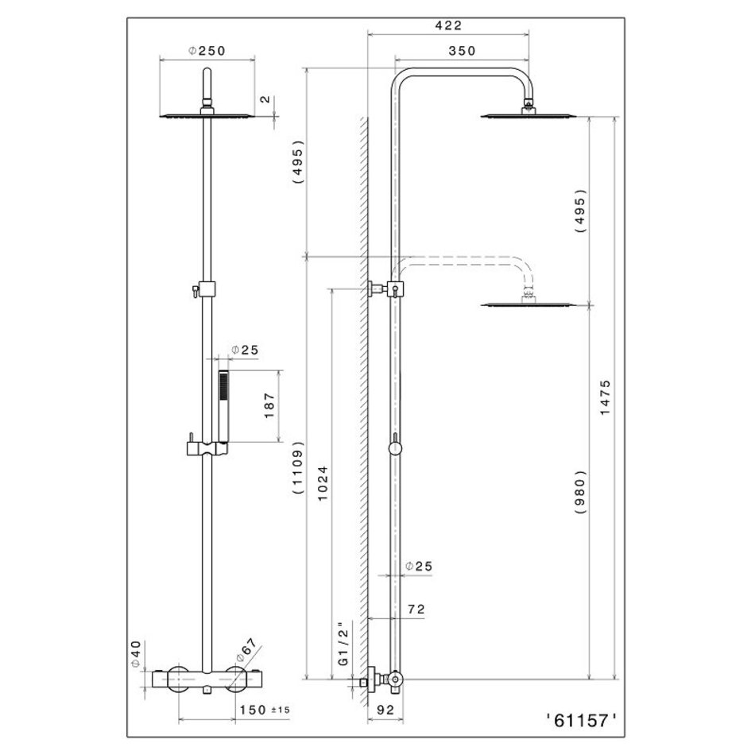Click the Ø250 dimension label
click(x=207, y=51)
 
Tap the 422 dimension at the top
click(x=448, y=25)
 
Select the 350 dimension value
click(x=462, y=51)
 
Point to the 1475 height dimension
click(x=605, y=397)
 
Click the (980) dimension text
click(x=581, y=492)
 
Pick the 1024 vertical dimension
click(x=322, y=483)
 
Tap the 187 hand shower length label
click(x=269, y=406)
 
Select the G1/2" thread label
click(x=343, y=645)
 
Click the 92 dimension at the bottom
click(x=385, y=709)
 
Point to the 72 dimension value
click(x=416, y=609)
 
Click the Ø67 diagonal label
click(x=246, y=651)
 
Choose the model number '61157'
click(x=581, y=721)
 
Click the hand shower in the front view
click(x=223, y=406)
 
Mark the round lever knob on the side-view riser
click(x=395, y=448)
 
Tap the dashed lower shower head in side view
click(x=529, y=304)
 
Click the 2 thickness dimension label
click(x=265, y=99)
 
